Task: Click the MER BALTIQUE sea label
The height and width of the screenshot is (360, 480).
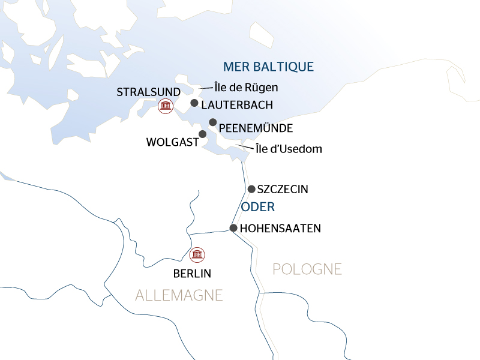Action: point(268,67)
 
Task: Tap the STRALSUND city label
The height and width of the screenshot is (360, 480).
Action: point(148,92)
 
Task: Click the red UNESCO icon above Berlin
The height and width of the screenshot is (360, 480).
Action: point(196,254)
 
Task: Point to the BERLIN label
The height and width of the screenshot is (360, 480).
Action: point(192,274)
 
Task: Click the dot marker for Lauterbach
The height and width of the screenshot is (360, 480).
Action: point(194,103)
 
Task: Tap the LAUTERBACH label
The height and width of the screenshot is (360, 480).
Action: point(237,105)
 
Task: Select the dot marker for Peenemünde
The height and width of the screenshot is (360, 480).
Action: point(212,122)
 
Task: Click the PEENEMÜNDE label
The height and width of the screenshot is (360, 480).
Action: point(256,128)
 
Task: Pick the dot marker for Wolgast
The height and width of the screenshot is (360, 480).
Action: point(203,134)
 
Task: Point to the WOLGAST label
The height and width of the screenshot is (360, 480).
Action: point(172,142)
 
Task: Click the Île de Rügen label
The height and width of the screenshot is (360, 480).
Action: point(246,88)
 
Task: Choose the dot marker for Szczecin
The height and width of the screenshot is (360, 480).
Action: point(251,189)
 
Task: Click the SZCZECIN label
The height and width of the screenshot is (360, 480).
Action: point(282,190)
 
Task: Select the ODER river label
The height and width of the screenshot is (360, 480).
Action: point(257,208)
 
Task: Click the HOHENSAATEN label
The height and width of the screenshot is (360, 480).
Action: point(280,229)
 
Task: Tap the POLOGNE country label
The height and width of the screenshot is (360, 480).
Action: point(307,269)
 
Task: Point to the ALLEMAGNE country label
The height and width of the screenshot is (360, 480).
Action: point(179,295)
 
